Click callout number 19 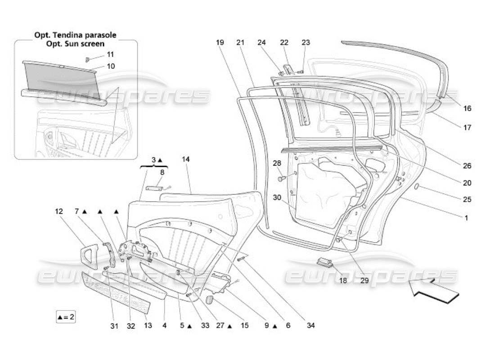220,43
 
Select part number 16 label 467,108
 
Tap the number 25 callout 467,199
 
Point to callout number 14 186,159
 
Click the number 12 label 59,211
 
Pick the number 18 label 343,280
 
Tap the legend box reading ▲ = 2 66,317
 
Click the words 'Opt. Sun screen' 76,44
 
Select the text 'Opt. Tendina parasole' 76,35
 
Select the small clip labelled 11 88,58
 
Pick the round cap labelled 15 209,300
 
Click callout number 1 467,218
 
